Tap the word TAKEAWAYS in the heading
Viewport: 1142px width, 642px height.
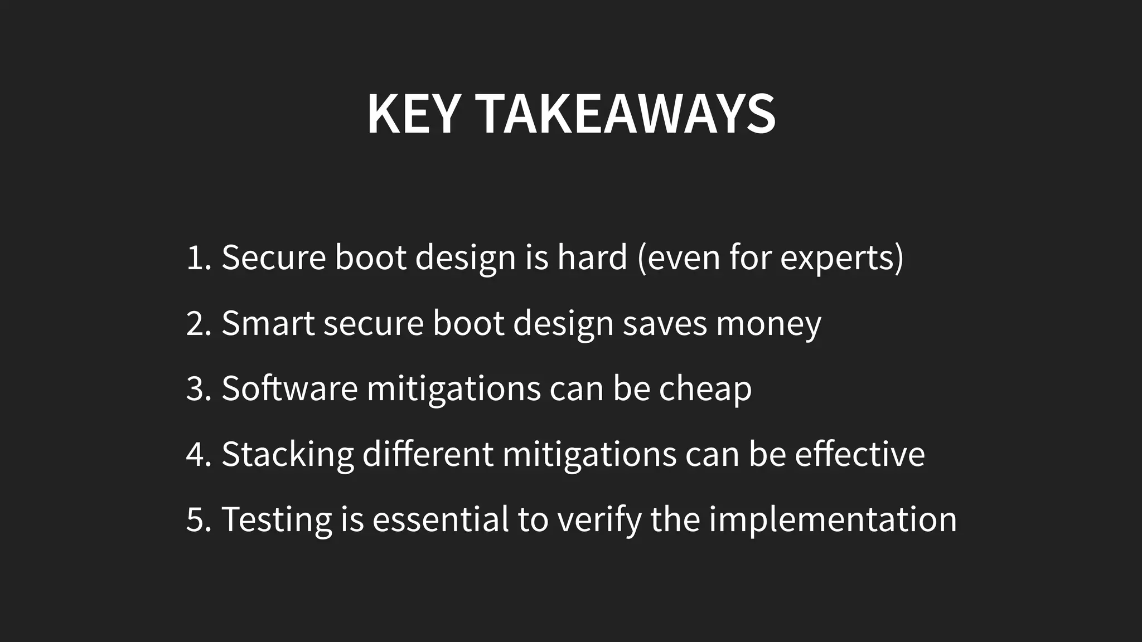pos(627,114)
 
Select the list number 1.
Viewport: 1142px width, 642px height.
pos(196,258)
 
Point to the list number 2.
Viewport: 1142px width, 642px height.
pos(197,324)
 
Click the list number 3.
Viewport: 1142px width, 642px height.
pos(197,389)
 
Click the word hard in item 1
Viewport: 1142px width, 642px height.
pos(592,258)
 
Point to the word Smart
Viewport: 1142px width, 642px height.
pos(268,323)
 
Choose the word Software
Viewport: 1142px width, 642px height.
pos(289,388)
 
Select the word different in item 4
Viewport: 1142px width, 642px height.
pos(428,454)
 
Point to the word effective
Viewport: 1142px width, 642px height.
pos(859,454)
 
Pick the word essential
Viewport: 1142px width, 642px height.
pos(441,519)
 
